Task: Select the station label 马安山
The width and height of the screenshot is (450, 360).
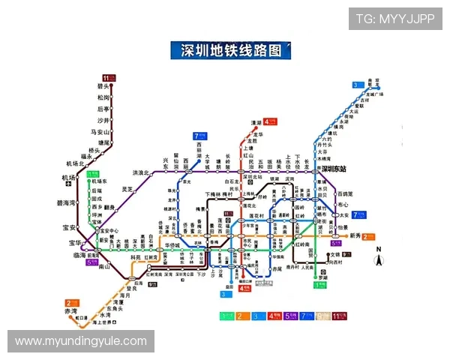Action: tap(100, 131)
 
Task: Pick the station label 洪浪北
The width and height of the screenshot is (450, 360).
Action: tap(141, 173)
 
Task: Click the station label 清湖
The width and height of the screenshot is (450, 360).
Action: tap(256, 123)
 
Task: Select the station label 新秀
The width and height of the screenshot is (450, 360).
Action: tap(355, 235)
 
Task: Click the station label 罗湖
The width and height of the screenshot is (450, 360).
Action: tap(323, 277)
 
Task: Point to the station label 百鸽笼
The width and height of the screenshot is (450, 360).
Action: tap(346, 193)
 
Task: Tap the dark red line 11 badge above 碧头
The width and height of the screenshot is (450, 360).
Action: tap(109, 77)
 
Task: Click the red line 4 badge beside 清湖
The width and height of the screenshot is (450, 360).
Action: tap(270, 121)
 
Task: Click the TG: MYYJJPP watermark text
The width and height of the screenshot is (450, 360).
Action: tap(395, 19)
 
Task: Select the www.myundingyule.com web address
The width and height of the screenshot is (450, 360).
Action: tap(81, 341)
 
